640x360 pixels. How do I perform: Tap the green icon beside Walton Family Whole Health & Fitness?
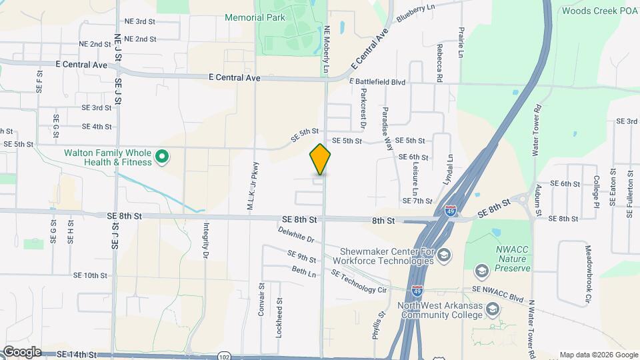(161, 158)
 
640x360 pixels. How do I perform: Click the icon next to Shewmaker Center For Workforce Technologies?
(444, 255)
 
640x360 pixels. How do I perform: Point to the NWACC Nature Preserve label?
(513, 259)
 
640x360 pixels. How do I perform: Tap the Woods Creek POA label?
(600, 11)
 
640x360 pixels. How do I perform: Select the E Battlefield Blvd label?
(377, 82)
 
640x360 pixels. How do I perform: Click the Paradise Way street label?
(387, 128)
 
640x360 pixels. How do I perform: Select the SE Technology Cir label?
(359, 282)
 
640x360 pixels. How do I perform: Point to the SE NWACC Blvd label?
(497, 290)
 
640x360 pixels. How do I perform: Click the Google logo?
(21, 352)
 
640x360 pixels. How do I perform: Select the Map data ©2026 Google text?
(598, 355)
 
